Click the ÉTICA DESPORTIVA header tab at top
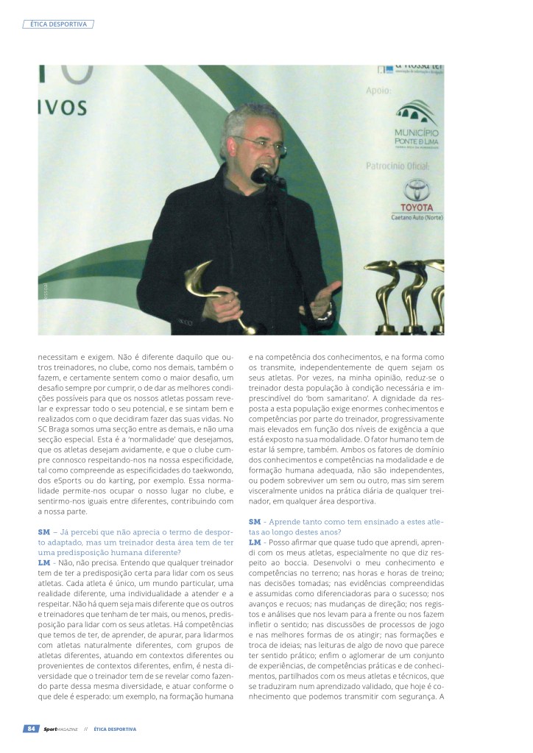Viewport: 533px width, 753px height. click(59, 24)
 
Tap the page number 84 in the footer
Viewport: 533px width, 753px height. click(32, 729)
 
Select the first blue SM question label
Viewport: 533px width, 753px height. click(43, 531)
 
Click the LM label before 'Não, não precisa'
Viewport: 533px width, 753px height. click(44, 561)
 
